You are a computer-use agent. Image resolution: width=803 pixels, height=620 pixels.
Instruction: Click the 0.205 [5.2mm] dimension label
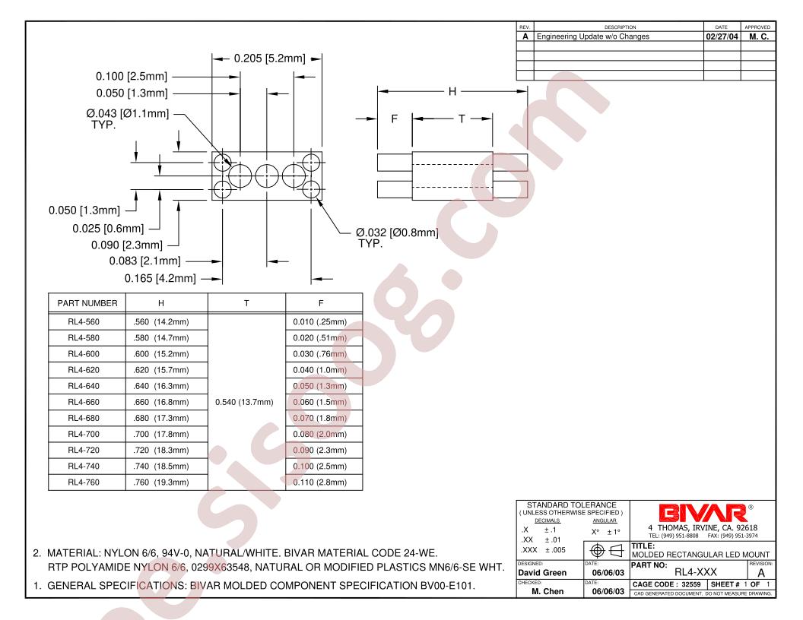[x=269, y=59]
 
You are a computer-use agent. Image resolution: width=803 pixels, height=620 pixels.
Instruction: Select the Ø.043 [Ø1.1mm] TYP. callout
[x=128, y=119]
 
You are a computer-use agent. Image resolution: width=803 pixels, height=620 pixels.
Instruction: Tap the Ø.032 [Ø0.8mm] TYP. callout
[x=397, y=238]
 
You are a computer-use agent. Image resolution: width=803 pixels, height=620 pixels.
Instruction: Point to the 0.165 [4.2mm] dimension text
[x=160, y=278]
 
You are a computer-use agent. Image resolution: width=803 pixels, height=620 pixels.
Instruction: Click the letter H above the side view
[x=452, y=92]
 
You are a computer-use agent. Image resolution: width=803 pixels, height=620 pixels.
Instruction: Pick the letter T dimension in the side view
[x=462, y=119]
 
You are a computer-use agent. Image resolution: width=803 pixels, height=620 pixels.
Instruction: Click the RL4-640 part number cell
[x=84, y=386]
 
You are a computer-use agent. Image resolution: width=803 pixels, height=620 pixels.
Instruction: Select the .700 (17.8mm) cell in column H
[x=160, y=434]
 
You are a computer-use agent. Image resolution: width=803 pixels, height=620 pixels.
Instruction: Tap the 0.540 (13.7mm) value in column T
[x=244, y=402]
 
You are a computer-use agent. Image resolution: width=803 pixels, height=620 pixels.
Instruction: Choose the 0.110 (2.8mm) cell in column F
[x=319, y=482]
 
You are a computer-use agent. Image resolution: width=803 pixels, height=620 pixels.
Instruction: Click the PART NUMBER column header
[x=87, y=303]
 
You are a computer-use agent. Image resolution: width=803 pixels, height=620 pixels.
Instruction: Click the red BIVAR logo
[x=703, y=513]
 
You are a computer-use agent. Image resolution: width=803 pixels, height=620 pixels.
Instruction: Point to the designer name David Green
[x=542, y=572]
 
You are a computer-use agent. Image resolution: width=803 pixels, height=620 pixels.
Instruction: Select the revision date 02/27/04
[x=722, y=36]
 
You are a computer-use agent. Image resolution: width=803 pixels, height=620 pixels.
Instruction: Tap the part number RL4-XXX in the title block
[x=696, y=572]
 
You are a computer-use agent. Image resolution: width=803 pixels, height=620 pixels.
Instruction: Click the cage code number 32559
[x=691, y=584]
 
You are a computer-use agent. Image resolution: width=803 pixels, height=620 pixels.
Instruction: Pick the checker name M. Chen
[x=547, y=591]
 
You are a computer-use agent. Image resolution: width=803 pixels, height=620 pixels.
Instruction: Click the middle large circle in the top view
[x=267, y=176]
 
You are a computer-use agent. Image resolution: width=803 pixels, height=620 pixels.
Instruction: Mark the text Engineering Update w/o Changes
[x=592, y=36]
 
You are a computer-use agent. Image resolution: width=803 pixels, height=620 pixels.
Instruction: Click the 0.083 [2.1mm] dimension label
[x=145, y=261]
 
